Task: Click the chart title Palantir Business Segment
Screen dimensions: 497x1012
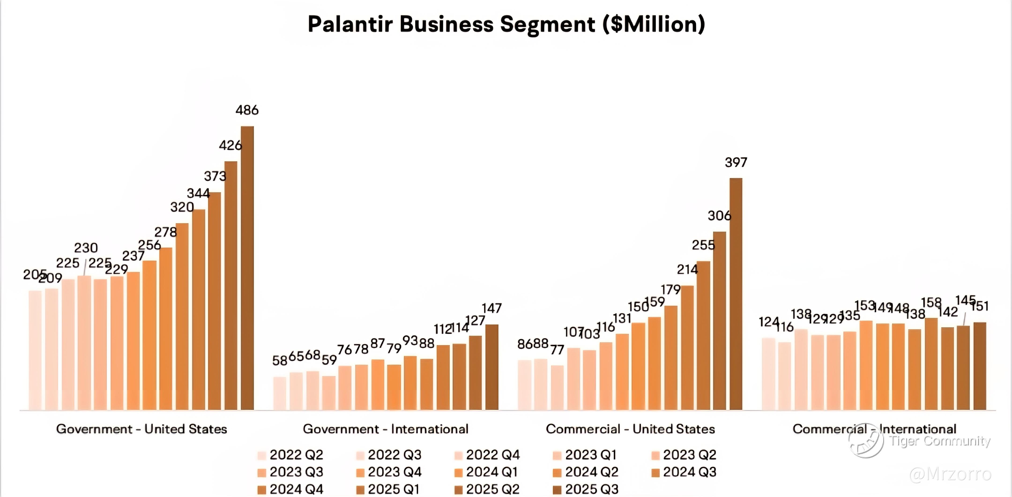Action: click(x=506, y=24)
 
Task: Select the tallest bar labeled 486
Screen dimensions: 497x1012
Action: click(x=247, y=267)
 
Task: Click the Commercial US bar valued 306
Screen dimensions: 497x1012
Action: click(x=719, y=320)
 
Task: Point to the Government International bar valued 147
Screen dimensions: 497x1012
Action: click(x=491, y=367)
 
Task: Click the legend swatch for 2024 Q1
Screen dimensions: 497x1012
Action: click(x=458, y=472)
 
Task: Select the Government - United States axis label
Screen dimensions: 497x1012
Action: click(x=141, y=429)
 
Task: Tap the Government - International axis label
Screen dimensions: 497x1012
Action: click(x=385, y=429)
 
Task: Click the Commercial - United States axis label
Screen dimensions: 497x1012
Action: click(x=630, y=429)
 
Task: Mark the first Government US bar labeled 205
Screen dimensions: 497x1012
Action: click(x=35, y=350)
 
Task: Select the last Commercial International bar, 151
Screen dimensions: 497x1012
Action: click(x=979, y=366)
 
